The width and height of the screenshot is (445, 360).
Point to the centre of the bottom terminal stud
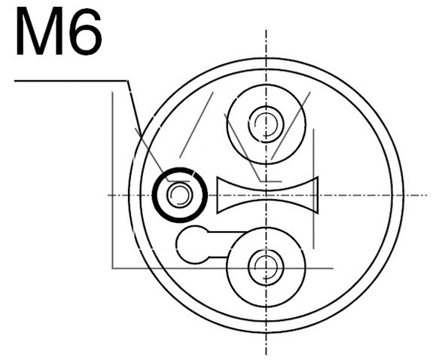(264, 266)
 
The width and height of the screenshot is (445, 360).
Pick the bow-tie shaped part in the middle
(267, 195)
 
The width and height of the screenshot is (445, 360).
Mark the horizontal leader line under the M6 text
(72, 81)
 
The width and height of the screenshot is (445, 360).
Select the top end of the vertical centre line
(266, 32)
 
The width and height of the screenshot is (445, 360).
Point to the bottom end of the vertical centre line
(266, 354)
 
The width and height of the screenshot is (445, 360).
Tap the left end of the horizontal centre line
(108, 195)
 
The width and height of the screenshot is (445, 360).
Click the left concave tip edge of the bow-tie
(219, 195)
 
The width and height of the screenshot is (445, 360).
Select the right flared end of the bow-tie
(316, 195)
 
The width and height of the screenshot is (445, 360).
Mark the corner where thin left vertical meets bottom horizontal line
(113, 267)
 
